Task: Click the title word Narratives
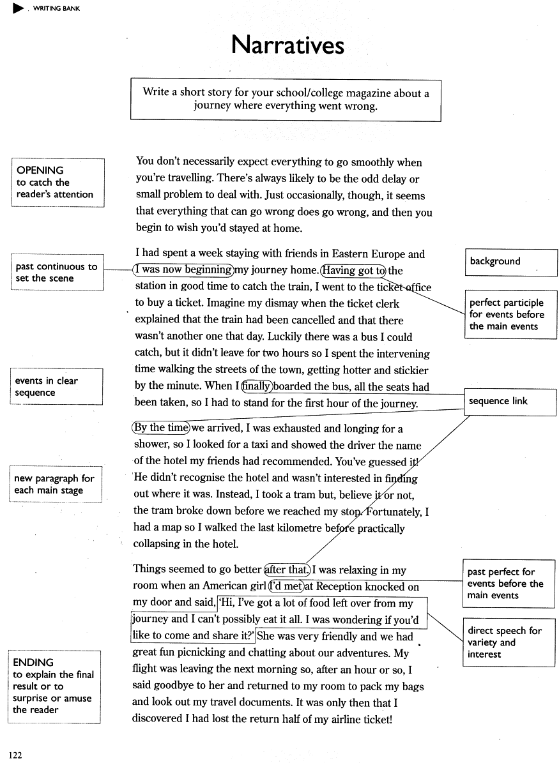click(287, 45)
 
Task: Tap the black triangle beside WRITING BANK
click(18, 8)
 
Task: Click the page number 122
click(15, 755)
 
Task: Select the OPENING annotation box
click(57, 182)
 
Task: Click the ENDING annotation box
click(54, 686)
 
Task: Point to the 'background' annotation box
click(510, 262)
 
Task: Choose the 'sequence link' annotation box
click(510, 402)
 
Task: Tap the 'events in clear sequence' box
click(56, 386)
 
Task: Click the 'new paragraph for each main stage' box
click(56, 484)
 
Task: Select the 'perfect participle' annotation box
click(510, 314)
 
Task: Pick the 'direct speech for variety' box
click(509, 642)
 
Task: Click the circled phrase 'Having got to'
click(354, 271)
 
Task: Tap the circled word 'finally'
click(257, 386)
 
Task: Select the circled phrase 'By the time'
click(161, 428)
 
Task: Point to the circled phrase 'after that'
click(287, 570)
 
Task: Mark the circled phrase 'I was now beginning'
click(183, 270)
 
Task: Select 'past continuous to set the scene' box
click(57, 273)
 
